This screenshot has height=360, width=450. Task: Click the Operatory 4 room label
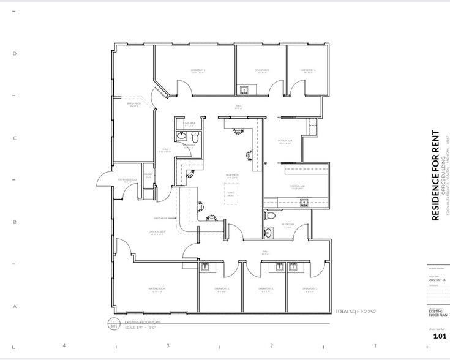(x=197, y=70)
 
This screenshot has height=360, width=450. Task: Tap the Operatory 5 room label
(x=262, y=70)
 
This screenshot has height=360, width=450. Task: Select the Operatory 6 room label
(x=307, y=70)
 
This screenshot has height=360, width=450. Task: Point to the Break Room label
(x=134, y=104)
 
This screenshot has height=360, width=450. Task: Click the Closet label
(x=148, y=175)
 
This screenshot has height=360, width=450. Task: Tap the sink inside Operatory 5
(x=245, y=90)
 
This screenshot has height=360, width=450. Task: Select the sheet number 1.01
(x=439, y=336)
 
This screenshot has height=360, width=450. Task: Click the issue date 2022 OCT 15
(x=438, y=280)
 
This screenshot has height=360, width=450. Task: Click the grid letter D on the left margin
(x=15, y=53)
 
